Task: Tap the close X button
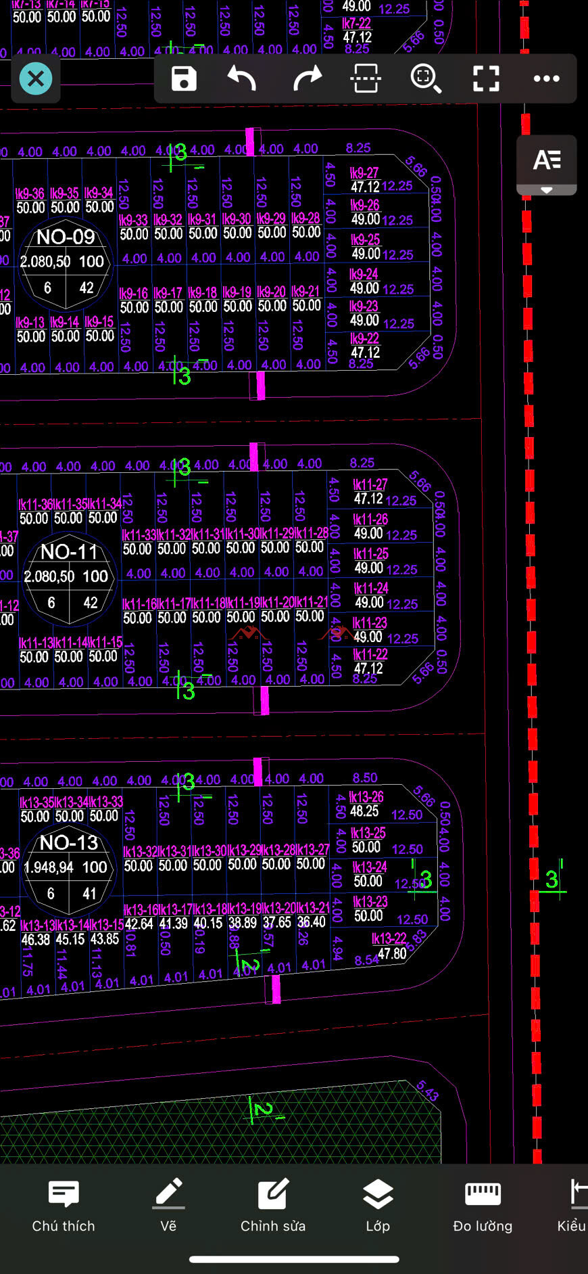36,78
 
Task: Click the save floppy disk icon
184,78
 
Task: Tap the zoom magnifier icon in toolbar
426,78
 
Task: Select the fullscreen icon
486,78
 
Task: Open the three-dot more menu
546,78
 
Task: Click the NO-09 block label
66,237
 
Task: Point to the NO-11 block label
70,552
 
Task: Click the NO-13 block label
69,842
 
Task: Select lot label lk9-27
364,173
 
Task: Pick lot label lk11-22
370,654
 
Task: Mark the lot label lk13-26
366,797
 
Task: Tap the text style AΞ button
547,161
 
